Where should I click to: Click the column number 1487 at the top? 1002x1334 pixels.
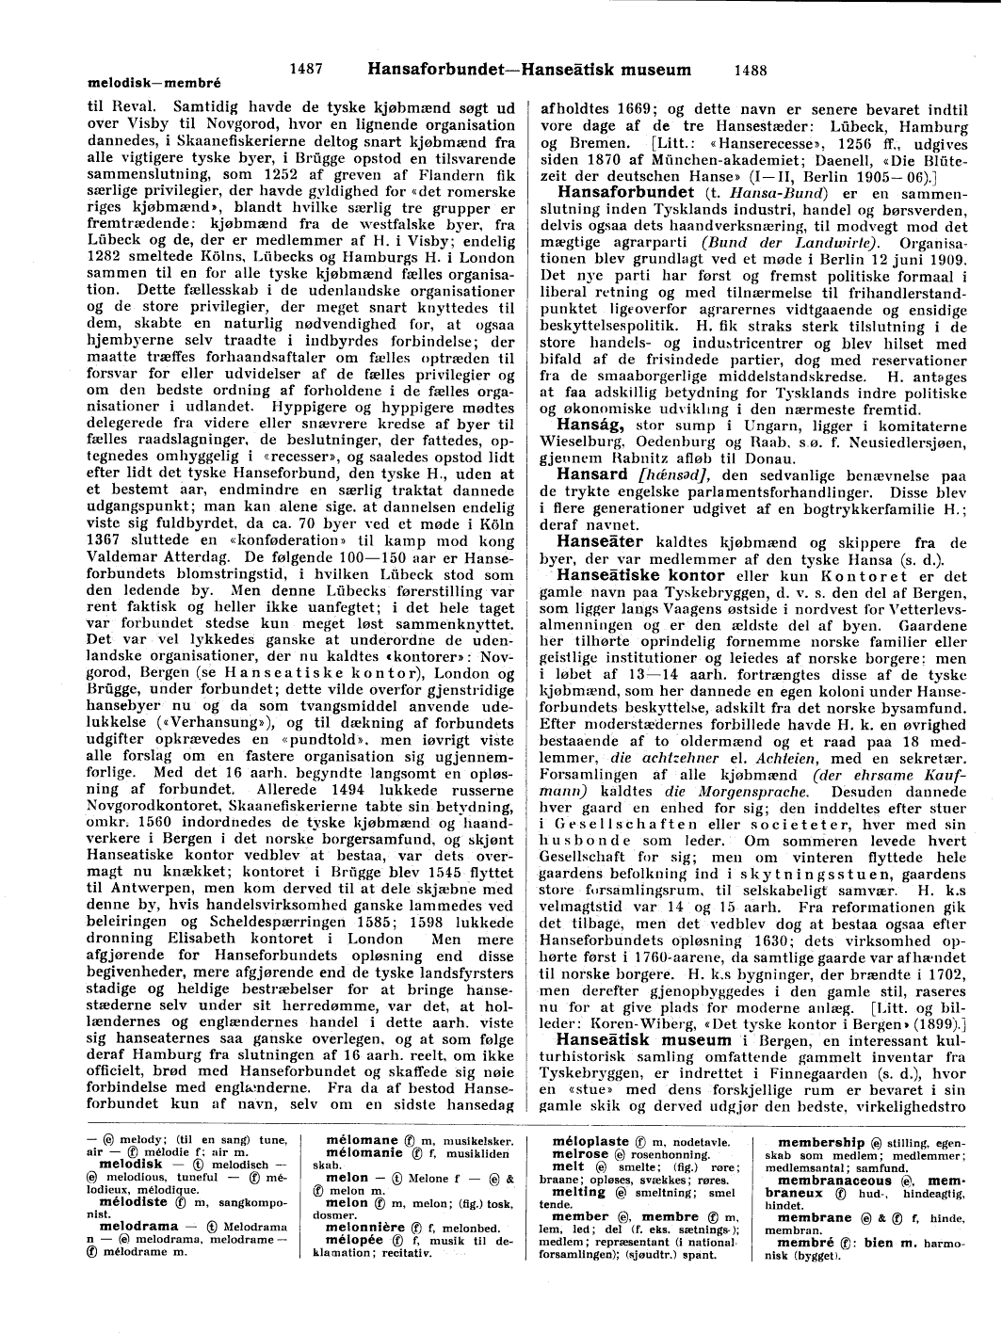pos(307,69)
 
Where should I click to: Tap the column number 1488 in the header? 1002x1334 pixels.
pos(750,69)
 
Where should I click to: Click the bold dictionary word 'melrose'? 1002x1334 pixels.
pos(580,1153)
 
